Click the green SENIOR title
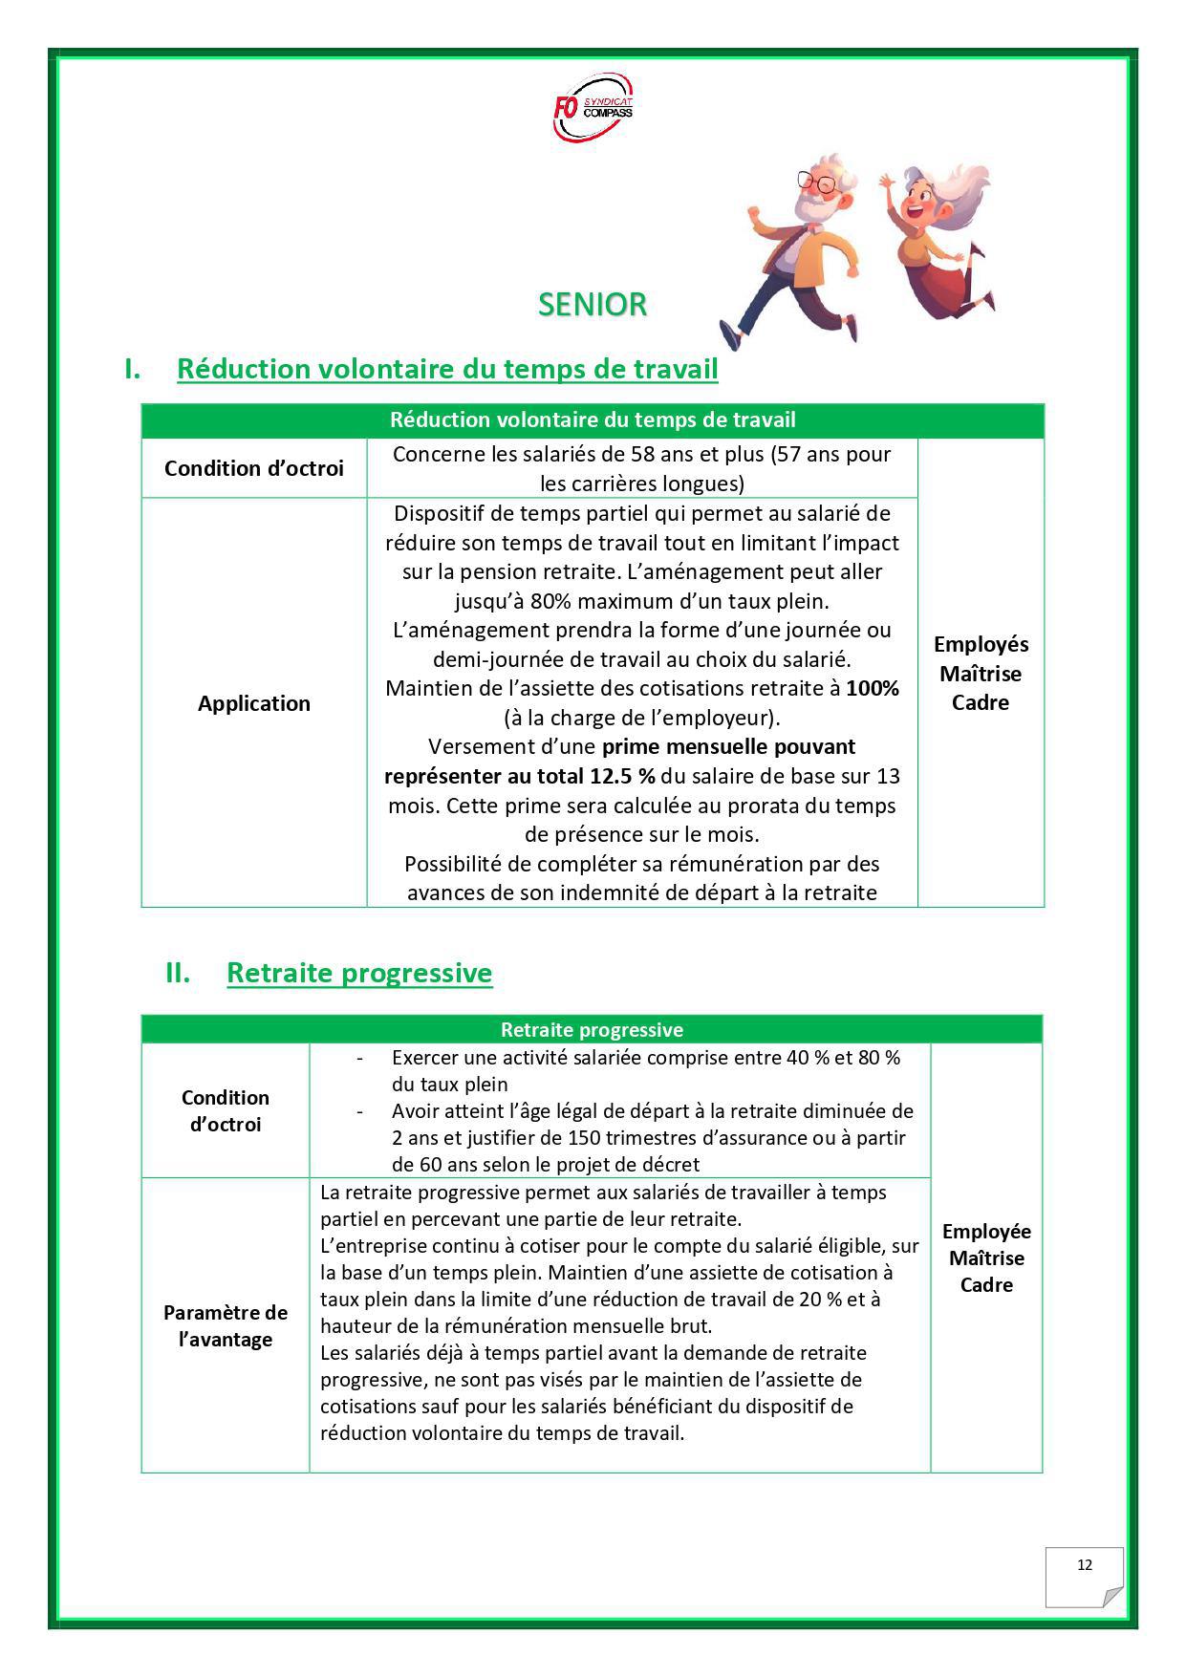click(x=593, y=304)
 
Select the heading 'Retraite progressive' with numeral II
click(x=358, y=973)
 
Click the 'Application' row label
click(x=254, y=703)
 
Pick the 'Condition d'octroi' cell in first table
click(x=254, y=468)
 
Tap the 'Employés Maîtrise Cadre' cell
click(x=981, y=674)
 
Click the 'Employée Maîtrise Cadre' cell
click(x=986, y=1258)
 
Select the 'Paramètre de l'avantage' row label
click(x=226, y=1325)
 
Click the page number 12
click(x=1085, y=1565)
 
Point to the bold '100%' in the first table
click(x=873, y=688)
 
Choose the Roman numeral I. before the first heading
click(x=133, y=369)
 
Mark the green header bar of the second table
click(x=592, y=1029)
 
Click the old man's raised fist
click(x=754, y=213)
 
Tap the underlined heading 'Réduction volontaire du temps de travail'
click(x=447, y=369)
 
